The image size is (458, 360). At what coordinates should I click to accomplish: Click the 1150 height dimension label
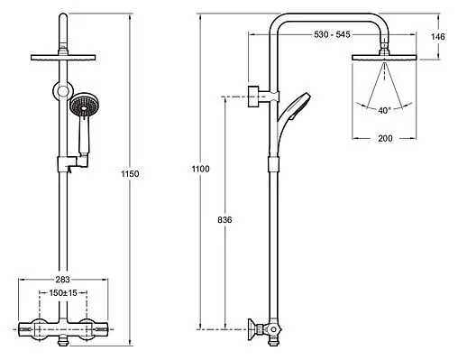(x=130, y=174)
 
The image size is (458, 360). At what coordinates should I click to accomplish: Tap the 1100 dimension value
(x=200, y=169)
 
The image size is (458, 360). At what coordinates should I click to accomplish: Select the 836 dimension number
(x=224, y=220)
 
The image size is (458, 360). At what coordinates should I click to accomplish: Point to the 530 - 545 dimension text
(x=332, y=34)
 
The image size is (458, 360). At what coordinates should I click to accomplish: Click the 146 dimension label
(x=437, y=37)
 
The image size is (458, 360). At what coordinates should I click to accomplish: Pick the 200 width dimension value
(x=385, y=138)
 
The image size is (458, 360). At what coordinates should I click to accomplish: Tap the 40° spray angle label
(x=384, y=110)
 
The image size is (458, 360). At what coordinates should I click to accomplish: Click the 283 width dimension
(x=62, y=280)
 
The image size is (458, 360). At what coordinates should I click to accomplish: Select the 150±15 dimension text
(x=63, y=292)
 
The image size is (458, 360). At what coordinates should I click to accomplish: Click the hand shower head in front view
(x=85, y=106)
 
